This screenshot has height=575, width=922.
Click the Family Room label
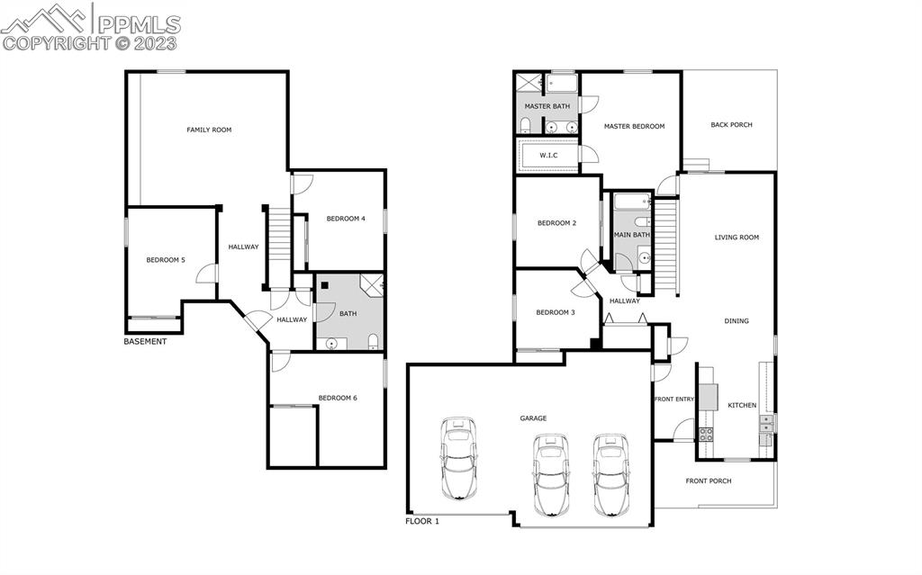209,130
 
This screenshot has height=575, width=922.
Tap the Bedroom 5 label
166,260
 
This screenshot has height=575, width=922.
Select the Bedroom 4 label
346,219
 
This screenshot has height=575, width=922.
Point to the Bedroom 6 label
338,398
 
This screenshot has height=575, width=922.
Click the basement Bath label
348,314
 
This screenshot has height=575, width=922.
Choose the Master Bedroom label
634,126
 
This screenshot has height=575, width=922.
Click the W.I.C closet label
548,156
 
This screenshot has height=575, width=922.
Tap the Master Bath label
547,106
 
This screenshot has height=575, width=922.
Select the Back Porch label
731,125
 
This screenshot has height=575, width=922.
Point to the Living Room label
737,238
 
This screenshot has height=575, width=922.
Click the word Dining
737,321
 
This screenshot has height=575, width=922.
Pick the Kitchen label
742,405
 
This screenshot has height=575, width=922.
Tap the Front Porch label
709,481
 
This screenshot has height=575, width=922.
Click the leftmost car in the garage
459,459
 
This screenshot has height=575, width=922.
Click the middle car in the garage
551,473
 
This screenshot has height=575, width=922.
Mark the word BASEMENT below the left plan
145,342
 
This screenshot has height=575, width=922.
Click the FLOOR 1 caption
422,521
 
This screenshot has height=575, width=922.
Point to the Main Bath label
631,235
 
